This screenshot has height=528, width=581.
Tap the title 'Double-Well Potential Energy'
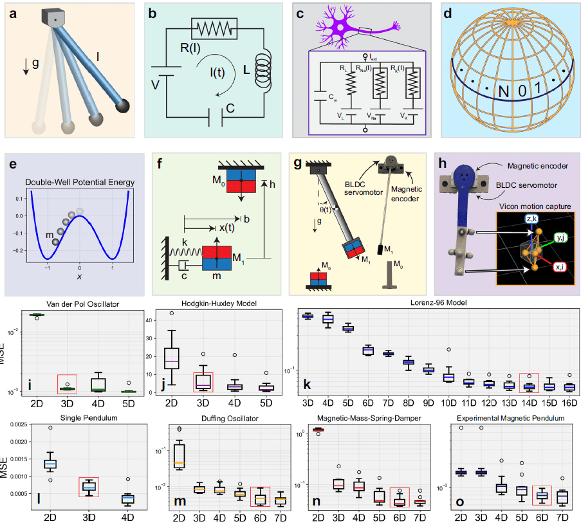pos(80,183)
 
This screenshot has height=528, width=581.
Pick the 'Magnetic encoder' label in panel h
pos(536,165)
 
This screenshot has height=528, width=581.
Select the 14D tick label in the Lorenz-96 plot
pos(529,402)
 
